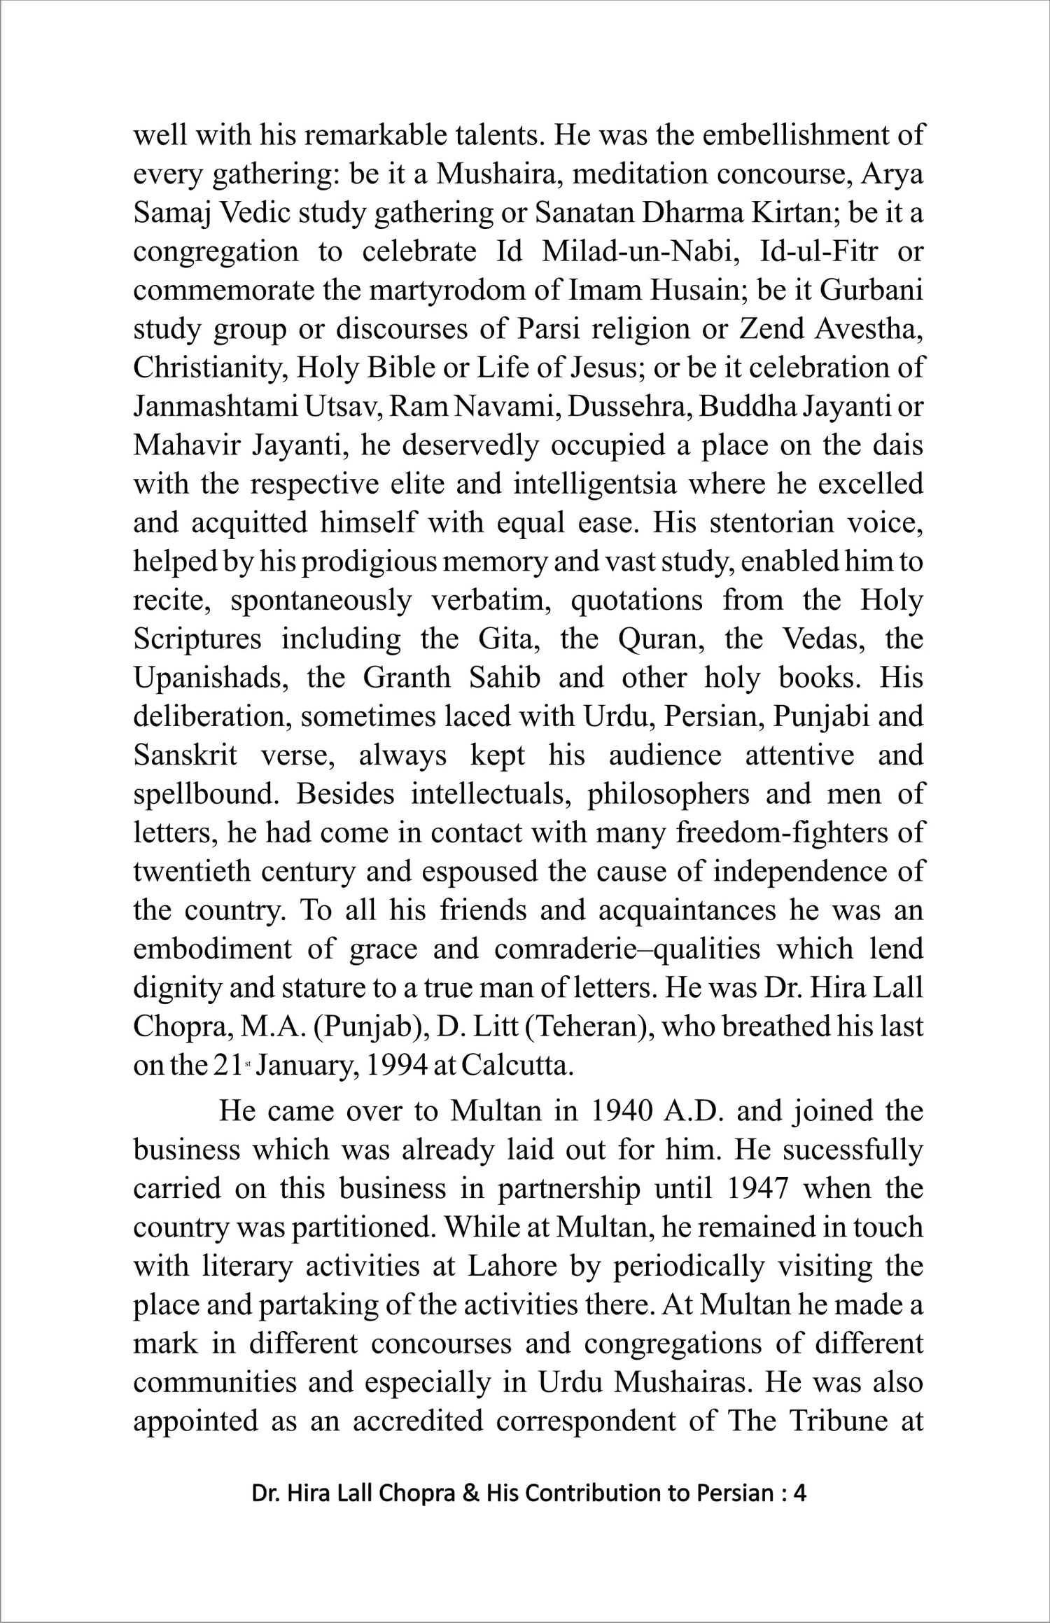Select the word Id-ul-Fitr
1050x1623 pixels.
click(818, 251)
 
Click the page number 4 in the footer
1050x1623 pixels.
click(800, 1493)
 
